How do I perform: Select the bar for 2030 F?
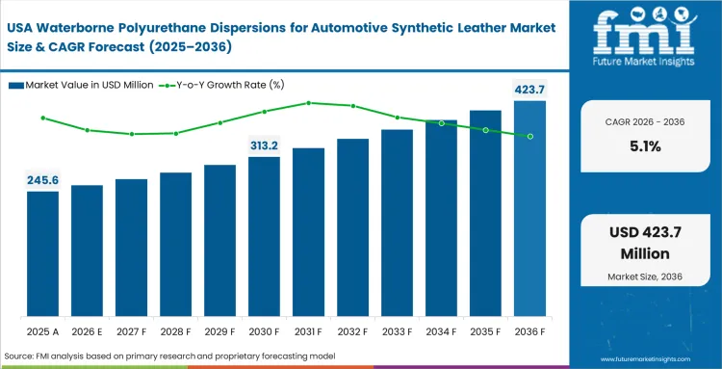pyautogui.click(x=264, y=242)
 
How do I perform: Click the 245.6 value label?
pyautogui.click(x=42, y=180)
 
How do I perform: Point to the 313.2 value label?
pyautogui.click(x=264, y=145)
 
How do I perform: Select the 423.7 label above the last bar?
pyautogui.click(x=529, y=91)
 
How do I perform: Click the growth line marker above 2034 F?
pyautogui.click(x=441, y=123)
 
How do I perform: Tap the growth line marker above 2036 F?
pyautogui.click(x=529, y=136)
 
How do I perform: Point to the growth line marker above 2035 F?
pyautogui.click(x=485, y=130)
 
